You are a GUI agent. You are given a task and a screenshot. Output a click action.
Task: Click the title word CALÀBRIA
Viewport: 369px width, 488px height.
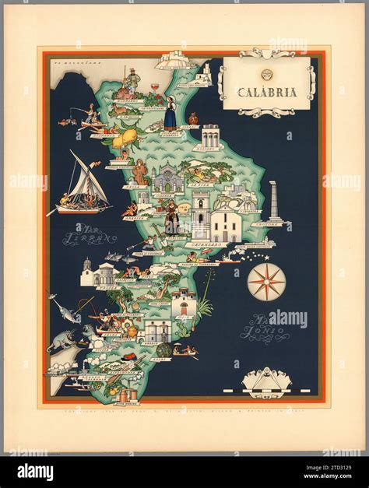pos(267,91)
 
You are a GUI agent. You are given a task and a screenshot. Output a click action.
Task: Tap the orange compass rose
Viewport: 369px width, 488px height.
pos(266,281)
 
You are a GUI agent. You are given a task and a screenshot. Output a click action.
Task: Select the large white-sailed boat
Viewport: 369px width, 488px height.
pos(79,184)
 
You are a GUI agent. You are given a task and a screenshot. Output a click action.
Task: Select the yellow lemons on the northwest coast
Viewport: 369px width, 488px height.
pos(123,141)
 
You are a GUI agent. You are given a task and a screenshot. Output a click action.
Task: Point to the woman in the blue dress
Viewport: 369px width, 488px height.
pos(169,114)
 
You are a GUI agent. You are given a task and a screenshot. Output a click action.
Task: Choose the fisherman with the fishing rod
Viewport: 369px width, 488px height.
pos(90,116)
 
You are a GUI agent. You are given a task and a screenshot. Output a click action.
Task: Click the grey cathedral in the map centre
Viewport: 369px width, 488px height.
pos(166,181)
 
